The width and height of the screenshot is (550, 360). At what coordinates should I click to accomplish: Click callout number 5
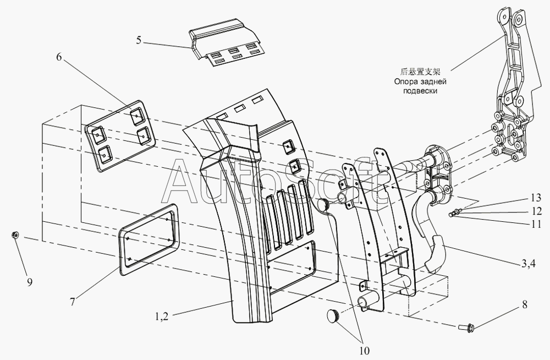[x=139, y=40]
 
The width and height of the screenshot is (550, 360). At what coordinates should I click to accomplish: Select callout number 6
[x=59, y=57]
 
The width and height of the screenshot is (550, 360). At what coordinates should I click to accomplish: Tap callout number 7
[x=72, y=301]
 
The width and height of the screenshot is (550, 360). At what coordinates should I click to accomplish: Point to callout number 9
[x=30, y=282]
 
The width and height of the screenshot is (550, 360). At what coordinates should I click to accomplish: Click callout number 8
[x=524, y=304]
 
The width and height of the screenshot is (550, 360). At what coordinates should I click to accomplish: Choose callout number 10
[x=365, y=350]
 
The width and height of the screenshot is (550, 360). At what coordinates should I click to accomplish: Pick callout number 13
[x=536, y=198]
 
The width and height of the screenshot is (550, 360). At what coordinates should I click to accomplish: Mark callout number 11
[x=536, y=224]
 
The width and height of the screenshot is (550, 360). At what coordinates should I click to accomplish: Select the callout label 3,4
[x=528, y=264]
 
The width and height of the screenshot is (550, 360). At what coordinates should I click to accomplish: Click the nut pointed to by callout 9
[x=15, y=235]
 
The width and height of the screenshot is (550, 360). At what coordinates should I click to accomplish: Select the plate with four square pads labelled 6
[x=120, y=137]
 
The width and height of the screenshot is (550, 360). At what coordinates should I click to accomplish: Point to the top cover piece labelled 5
[x=226, y=47]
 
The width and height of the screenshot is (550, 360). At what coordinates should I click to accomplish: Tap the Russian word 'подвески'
[x=420, y=91]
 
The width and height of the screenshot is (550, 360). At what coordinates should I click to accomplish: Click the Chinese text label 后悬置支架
[x=420, y=72]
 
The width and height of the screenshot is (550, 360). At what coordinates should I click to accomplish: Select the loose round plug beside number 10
[x=334, y=315]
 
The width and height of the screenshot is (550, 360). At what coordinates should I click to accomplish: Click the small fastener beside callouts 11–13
[x=454, y=213]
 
